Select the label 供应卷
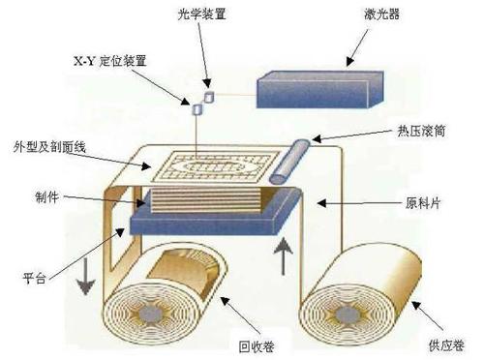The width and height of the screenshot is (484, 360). (x=444, y=344)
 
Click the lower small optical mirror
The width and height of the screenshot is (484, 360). (x=197, y=109)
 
